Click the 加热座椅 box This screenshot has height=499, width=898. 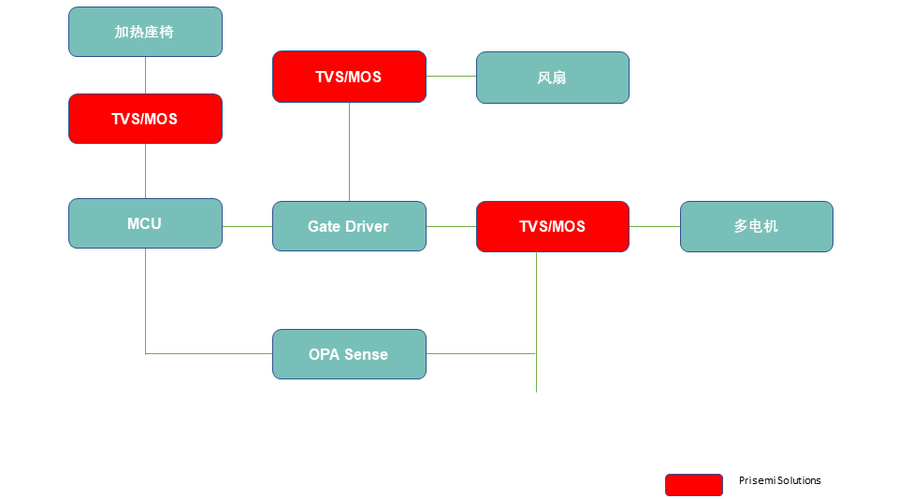145,32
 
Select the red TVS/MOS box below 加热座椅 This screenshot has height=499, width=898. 145,119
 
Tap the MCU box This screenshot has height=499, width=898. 145,223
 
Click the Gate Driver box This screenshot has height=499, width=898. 349,226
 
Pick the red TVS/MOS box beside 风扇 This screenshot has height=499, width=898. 349,77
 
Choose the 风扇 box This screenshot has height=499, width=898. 552,78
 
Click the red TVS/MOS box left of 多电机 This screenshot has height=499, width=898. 552,226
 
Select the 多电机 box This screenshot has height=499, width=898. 756,226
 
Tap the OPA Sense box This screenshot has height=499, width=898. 349,354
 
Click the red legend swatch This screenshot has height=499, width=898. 693,484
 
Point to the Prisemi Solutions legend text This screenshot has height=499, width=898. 779,480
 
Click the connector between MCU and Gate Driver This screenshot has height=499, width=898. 247,226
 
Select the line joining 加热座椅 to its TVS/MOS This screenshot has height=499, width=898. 145,75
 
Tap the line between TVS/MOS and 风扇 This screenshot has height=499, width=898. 451,77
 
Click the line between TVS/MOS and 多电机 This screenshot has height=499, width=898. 654,226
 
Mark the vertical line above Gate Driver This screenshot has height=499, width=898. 349,151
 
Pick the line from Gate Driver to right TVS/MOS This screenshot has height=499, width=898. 451,226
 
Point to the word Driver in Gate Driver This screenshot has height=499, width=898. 367,226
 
